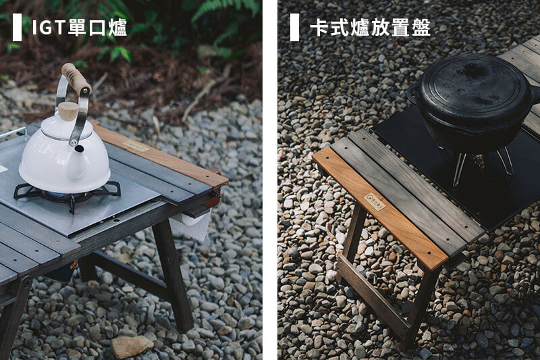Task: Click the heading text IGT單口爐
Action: click(x=80, y=27)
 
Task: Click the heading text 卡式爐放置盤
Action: click(x=370, y=27)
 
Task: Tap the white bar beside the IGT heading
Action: click(x=17, y=27)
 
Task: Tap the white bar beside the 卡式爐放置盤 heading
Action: click(x=294, y=27)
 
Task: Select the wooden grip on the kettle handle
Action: click(x=76, y=79)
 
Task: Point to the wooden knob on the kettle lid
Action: click(x=68, y=111)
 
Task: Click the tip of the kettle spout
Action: click(x=79, y=149)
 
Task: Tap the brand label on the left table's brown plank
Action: click(x=137, y=146)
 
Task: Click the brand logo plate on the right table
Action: click(x=375, y=201)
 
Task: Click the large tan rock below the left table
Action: click(x=132, y=346)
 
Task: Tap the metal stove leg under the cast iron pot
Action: click(x=460, y=169)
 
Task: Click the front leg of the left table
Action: click(x=173, y=276)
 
